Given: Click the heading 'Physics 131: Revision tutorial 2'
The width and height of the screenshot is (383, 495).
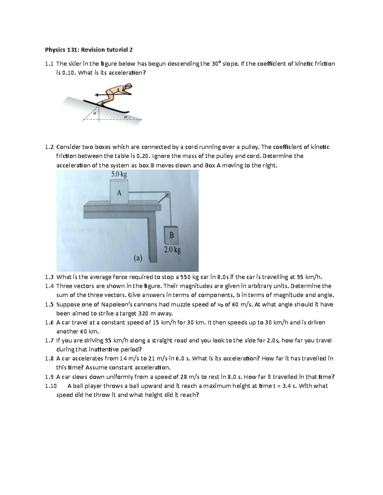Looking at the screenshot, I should tap(88, 50).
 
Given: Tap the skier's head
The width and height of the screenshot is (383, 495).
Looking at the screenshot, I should tap(128, 86).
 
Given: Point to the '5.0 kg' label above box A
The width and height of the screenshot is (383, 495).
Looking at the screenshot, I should tap(119, 174).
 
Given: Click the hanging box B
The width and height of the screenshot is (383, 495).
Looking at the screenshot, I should tap(171, 235).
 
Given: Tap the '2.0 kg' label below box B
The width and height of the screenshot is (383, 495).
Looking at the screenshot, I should tap(172, 250).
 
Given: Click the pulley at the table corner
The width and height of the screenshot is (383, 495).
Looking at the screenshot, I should tap(167, 194).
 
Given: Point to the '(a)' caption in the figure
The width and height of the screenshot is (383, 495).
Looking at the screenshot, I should tap(138, 258).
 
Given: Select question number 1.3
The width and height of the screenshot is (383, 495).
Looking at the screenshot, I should tap(49, 277).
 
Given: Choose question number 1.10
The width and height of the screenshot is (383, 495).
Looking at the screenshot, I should tap(51, 386).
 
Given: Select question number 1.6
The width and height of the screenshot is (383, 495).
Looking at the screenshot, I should tap(49, 323).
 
